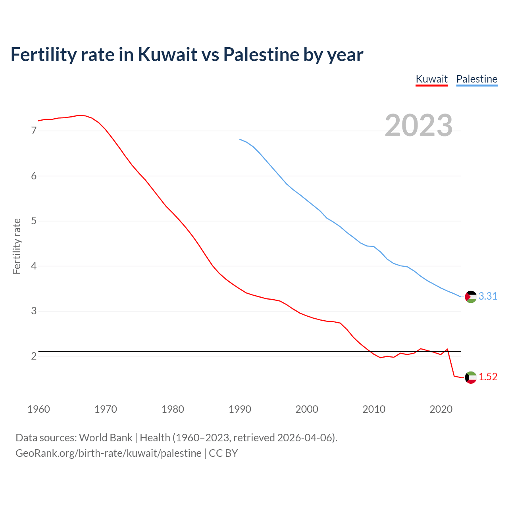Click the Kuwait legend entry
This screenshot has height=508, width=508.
coord(431,79)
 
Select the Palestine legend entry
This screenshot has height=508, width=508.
coord(477,79)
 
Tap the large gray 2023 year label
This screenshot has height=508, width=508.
coord(419,125)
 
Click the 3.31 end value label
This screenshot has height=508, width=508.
coord(488,296)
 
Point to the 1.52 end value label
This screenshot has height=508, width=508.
coord(488,377)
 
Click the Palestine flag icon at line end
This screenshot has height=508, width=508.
coord(471,297)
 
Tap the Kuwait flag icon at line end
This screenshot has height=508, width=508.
coord(471,377)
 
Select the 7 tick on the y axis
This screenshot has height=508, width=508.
coord(34,131)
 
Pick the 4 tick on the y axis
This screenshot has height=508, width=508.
coord(34,266)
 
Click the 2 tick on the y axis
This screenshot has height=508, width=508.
coord(34,356)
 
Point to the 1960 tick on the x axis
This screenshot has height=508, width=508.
coord(38,409)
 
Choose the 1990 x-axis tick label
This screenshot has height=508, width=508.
coord(240,409)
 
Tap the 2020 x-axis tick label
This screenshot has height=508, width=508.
coord(441,409)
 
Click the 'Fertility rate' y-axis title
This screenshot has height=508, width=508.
coord(17,246)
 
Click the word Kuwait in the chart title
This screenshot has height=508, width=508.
coord(167,54)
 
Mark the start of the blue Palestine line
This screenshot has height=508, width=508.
coord(240,139)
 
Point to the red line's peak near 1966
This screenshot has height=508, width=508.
coord(79,115)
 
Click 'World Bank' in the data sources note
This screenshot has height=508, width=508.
coord(106,438)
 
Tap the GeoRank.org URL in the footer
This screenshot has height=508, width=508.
coord(108,453)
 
